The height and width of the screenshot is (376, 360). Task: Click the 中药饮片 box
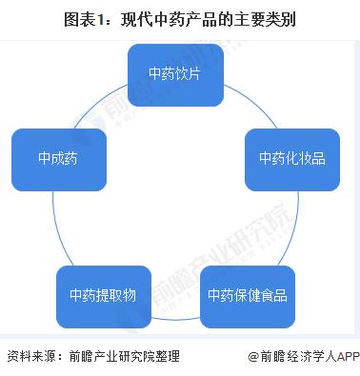click(175, 74)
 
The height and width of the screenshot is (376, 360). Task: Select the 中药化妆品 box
click(291, 158)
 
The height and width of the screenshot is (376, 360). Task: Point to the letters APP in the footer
click(348, 357)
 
